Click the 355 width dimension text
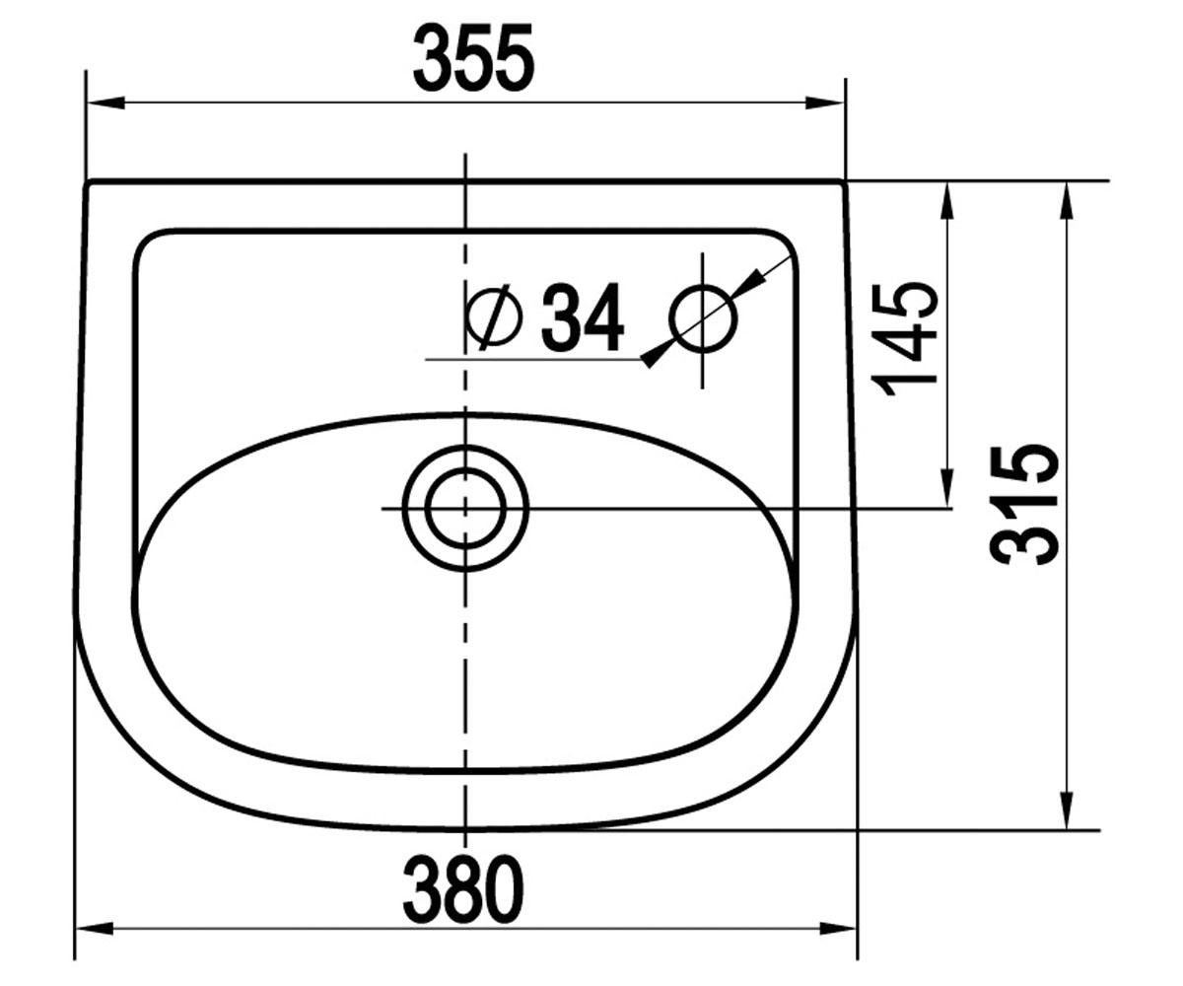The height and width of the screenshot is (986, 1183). click(473, 57)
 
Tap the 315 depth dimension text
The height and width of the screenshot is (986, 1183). click(1024, 504)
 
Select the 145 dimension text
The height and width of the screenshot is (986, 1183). click(904, 339)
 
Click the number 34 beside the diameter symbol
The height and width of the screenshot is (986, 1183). click(583, 317)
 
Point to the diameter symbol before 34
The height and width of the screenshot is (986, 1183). click(495, 317)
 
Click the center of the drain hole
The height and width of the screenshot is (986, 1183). click(465, 509)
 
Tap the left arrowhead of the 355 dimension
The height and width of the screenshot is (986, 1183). click(104, 103)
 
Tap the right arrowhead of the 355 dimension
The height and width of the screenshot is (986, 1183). click(826, 103)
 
